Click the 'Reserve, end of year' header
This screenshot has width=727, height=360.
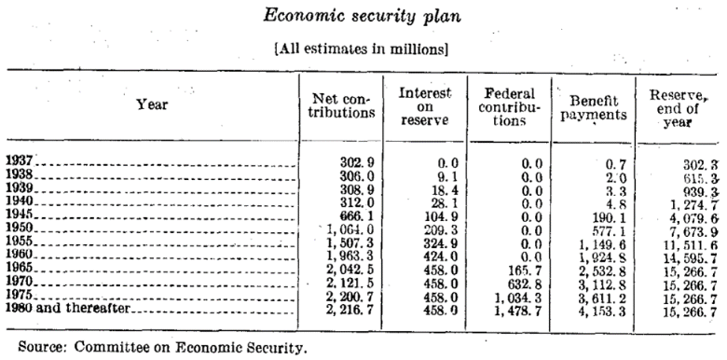pyautogui.click(x=676, y=104)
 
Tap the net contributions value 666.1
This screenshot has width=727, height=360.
pyautogui.click(x=357, y=215)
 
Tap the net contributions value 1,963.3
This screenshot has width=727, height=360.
pyautogui.click(x=350, y=256)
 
